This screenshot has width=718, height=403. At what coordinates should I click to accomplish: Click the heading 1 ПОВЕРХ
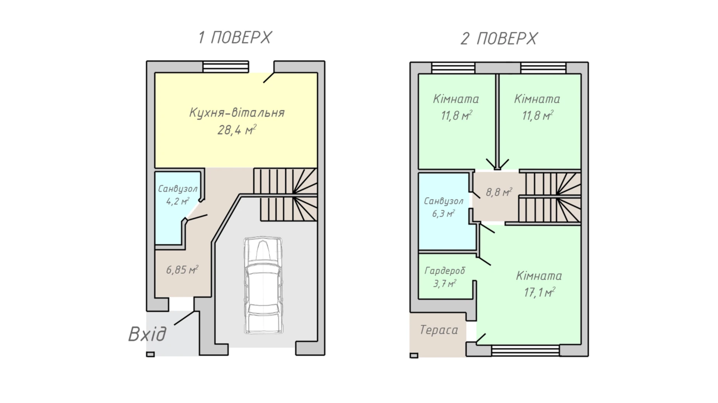pos(234,38)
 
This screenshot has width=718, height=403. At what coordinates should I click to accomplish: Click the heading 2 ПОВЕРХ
pos(499,39)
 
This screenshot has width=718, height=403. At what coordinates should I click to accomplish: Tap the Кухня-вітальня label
pos(237,113)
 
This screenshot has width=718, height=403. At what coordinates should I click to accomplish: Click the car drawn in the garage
pos(263,286)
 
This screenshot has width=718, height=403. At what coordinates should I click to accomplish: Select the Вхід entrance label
pos(147,334)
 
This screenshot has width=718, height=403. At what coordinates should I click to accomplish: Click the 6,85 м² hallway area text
pos(182,270)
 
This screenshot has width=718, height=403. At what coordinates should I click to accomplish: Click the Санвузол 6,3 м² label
pos(444,207)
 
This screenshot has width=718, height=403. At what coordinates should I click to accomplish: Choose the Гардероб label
pos(445,271)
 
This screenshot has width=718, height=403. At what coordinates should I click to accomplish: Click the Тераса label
pos(439,330)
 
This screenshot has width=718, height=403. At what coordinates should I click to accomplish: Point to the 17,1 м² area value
pos(539,292)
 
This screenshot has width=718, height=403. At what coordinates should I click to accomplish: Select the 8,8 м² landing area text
pos(499,192)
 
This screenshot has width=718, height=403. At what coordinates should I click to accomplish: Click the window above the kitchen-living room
pos(225,67)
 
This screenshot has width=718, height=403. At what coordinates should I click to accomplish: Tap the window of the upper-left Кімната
pos(453,68)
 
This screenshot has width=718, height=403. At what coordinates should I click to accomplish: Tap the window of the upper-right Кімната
pos(543,68)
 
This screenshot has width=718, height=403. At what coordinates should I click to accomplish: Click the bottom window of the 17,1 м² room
pos(525,351)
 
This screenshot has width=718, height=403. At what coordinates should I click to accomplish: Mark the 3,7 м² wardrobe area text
pos(445,284)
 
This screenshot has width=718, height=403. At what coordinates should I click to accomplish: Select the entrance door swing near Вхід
pos(184,318)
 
